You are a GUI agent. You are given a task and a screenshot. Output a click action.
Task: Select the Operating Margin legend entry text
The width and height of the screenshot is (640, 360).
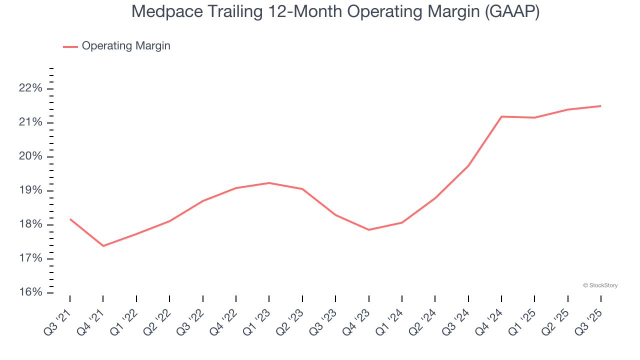click(126, 46)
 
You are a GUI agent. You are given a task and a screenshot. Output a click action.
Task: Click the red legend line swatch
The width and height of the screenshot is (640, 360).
click(70, 46)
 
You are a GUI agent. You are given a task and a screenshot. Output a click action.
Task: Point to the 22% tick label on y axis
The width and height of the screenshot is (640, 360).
click(30, 88)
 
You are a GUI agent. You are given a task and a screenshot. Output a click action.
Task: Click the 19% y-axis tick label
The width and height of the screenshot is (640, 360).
click(30, 190)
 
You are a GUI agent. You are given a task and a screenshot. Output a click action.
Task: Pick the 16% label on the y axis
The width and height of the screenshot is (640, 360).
click(30, 292)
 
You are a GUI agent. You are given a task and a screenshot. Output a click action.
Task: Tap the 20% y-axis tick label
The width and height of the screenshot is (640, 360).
click(30, 156)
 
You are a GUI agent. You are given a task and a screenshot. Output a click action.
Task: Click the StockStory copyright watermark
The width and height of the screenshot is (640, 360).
click(600, 285)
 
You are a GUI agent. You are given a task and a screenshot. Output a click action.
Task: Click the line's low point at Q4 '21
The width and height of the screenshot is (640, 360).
click(103, 245)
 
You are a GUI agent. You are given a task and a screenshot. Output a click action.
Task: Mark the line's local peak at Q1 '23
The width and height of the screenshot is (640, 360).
click(269, 183)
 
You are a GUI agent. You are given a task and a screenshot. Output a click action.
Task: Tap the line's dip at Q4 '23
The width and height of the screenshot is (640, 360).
click(368, 229)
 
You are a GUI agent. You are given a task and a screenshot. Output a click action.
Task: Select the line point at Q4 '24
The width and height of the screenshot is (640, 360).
click(501, 116)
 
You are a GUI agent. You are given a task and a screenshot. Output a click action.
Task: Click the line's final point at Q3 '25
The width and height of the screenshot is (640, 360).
click(600, 106)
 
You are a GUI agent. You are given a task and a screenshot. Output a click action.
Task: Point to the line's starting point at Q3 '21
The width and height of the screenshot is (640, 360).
click(70, 219)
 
